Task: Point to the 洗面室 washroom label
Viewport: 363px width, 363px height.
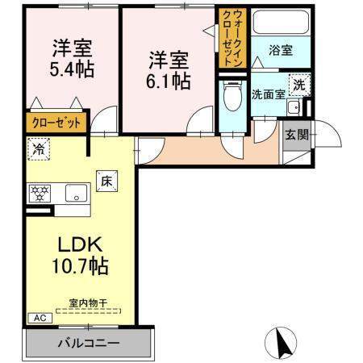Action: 267,94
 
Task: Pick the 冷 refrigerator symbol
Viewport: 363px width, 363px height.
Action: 38,148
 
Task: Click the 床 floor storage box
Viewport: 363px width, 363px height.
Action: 105,181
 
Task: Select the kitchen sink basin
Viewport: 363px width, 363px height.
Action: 77,193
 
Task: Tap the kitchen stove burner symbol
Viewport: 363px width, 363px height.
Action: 40,193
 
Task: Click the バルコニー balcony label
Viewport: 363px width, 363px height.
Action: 88,343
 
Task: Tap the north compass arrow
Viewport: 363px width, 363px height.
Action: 283,342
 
